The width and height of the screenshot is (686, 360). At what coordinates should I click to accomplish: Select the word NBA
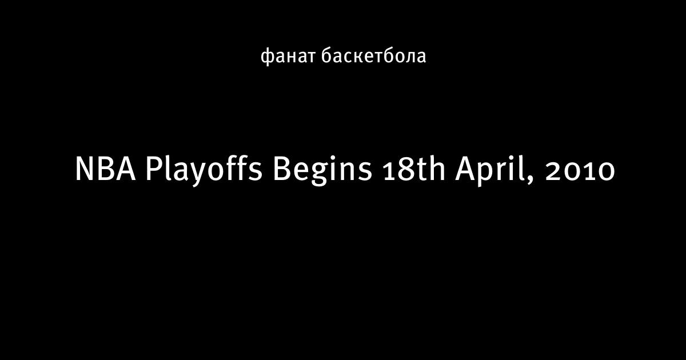point(105,169)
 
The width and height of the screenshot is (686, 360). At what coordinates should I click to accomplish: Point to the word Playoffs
point(204,170)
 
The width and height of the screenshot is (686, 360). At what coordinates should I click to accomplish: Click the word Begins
point(322,171)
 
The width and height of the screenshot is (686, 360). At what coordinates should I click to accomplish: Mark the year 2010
point(580,171)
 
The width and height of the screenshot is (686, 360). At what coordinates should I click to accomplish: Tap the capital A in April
point(465,169)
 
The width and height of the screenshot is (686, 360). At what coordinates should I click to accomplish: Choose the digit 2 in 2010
point(553,171)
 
